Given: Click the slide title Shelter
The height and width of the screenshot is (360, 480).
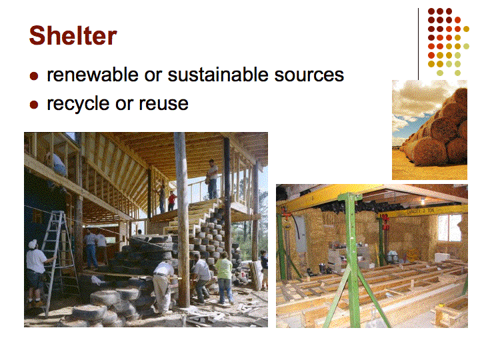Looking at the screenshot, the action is click(73, 35).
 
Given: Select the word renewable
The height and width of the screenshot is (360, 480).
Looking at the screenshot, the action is click(93, 75).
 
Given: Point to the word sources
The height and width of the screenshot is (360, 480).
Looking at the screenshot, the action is click(309, 75).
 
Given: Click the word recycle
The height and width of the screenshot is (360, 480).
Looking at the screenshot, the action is click(78, 104).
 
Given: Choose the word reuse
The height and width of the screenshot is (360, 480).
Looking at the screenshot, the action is click(163, 104).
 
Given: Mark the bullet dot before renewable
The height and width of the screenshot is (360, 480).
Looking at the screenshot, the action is click(34, 76).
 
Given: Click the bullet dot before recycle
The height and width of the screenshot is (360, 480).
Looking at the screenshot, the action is click(34, 105).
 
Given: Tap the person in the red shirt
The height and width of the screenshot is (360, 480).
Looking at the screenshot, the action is click(173, 201).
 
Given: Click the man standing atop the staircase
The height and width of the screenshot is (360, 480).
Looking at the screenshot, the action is click(212, 179).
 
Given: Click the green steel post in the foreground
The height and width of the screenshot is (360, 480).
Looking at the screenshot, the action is click(353, 260).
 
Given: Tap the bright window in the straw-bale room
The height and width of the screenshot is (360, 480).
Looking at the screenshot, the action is click(449, 228).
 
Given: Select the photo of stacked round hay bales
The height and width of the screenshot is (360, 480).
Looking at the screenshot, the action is click(429, 130).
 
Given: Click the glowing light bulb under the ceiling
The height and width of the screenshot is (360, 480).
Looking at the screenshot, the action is click(423, 202).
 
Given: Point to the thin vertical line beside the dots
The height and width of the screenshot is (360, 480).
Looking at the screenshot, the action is click(418, 44).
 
